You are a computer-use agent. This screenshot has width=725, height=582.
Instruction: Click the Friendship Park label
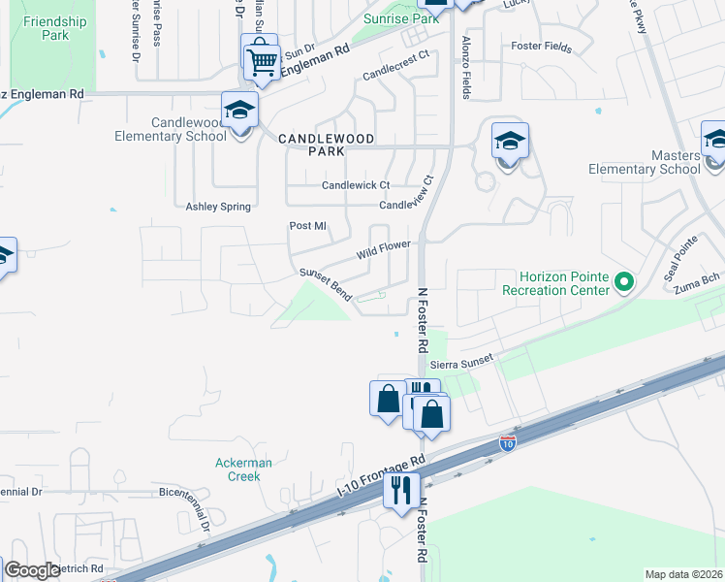[55, 28]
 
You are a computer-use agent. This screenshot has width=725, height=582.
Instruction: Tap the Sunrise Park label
[388, 18]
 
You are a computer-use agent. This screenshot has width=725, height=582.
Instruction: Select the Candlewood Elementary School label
[189, 129]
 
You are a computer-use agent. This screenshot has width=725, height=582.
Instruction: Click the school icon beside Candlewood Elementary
[238, 113]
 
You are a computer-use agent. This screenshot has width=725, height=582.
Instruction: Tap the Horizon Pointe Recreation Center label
[556, 284]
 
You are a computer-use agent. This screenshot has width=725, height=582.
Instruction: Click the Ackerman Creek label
[243, 469]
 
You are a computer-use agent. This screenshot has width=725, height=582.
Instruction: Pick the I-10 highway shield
[507, 443]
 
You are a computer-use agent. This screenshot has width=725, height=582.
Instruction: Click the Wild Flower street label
[384, 250]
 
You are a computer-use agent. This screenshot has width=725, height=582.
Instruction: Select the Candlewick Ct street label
[356, 185]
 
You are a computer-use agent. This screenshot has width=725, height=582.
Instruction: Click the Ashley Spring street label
[218, 207]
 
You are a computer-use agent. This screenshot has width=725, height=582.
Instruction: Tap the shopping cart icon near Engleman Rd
[263, 60]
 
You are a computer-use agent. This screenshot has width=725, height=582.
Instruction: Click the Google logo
[33, 570]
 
